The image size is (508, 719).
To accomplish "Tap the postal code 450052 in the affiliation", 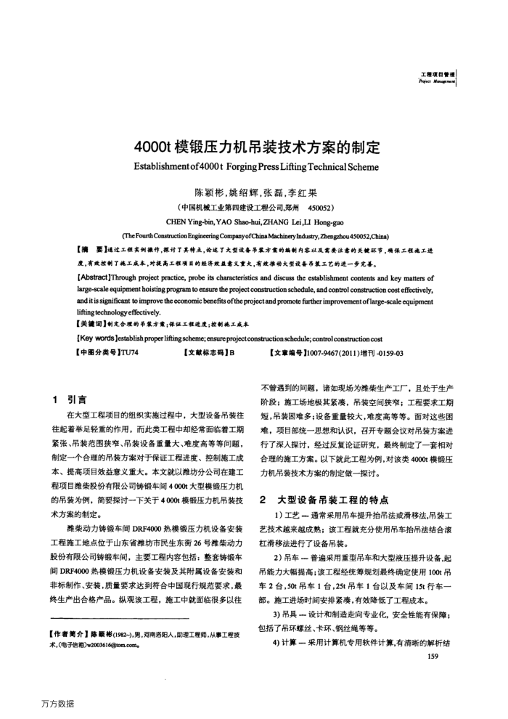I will coord(320,207).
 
